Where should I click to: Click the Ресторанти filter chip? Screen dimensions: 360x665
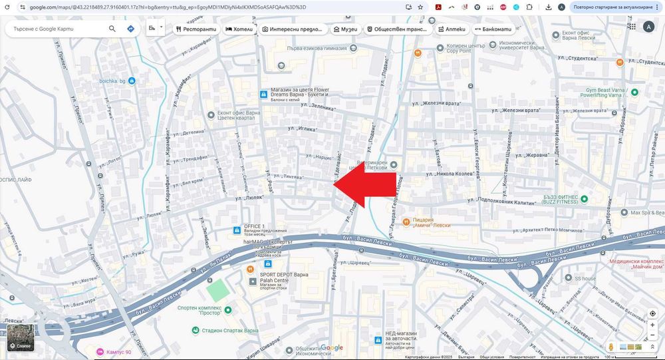click(x=196, y=29)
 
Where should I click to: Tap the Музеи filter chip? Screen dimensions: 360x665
click(x=345, y=29)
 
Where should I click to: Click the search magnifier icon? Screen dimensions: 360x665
click(x=112, y=29)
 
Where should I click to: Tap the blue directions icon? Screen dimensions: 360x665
click(x=131, y=29)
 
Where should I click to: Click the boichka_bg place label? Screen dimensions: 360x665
click(x=112, y=81)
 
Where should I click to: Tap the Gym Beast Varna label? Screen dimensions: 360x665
click(x=598, y=92)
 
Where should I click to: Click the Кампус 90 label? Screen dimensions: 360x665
click(x=119, y=351)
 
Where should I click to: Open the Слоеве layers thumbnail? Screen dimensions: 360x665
click(x=20, y=337)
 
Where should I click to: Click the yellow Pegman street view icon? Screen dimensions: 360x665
click(x=610, y=347)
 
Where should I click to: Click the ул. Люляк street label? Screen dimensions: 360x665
click(x=247, y=198)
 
